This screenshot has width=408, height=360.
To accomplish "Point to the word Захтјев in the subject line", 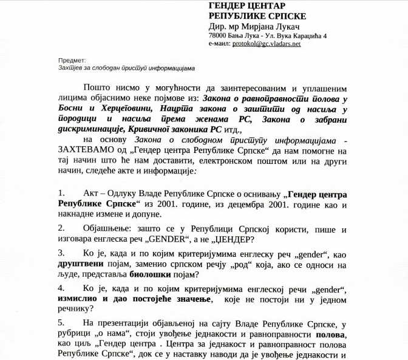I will click(70, 68).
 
